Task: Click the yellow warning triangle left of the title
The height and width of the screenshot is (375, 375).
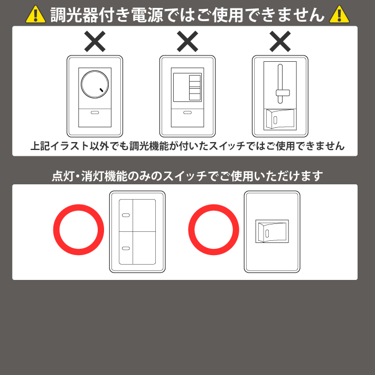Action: point(35,15)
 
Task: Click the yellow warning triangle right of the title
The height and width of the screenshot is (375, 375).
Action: point(339,15)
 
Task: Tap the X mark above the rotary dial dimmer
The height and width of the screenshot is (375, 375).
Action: point(95,41)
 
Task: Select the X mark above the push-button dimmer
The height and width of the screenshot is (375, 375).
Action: point(187,41)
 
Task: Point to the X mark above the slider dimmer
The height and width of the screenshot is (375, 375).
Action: point(280,41)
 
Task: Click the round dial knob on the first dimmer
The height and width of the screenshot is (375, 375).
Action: point(95,84)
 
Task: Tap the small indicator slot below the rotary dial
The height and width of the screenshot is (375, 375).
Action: point(95,112)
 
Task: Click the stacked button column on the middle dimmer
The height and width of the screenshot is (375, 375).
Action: point(195,88)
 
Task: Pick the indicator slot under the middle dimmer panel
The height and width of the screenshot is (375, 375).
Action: point(187,112)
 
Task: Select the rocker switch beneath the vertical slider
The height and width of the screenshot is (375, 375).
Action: point(280,119)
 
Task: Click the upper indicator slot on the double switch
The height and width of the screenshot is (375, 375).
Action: point(126,215)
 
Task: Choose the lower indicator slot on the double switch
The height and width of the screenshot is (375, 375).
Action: point(126,248)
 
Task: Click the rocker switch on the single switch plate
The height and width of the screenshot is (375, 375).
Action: point(272,231)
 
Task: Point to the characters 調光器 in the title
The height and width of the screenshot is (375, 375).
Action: point(74,15)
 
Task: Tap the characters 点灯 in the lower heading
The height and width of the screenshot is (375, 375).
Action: point(63,176)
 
